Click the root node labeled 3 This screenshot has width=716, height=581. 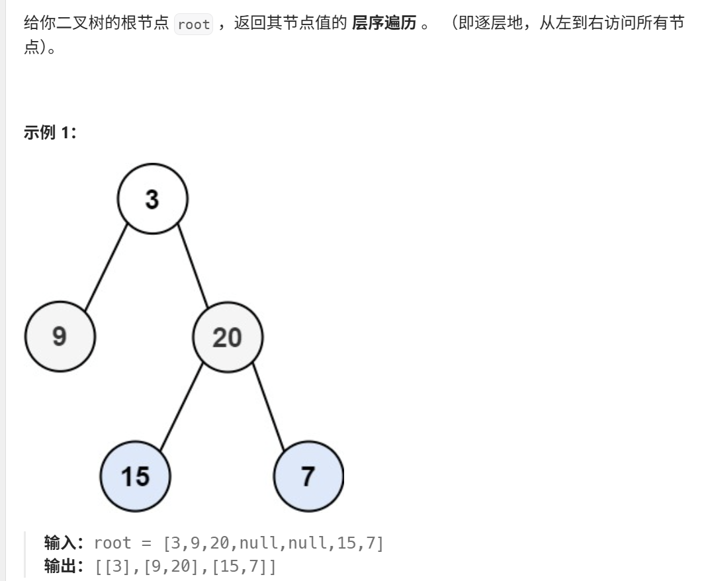pos(152,199)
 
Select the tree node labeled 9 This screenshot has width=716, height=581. pos(60,337)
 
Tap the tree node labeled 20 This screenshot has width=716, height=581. pos(227,337)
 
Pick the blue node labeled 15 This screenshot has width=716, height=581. pos(135,475)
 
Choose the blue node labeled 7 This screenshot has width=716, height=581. pos(308,475)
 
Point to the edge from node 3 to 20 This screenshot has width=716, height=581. pos(192,268)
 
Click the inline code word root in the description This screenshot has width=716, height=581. pos(194,25)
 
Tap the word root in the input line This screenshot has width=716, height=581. pos(112,543)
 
